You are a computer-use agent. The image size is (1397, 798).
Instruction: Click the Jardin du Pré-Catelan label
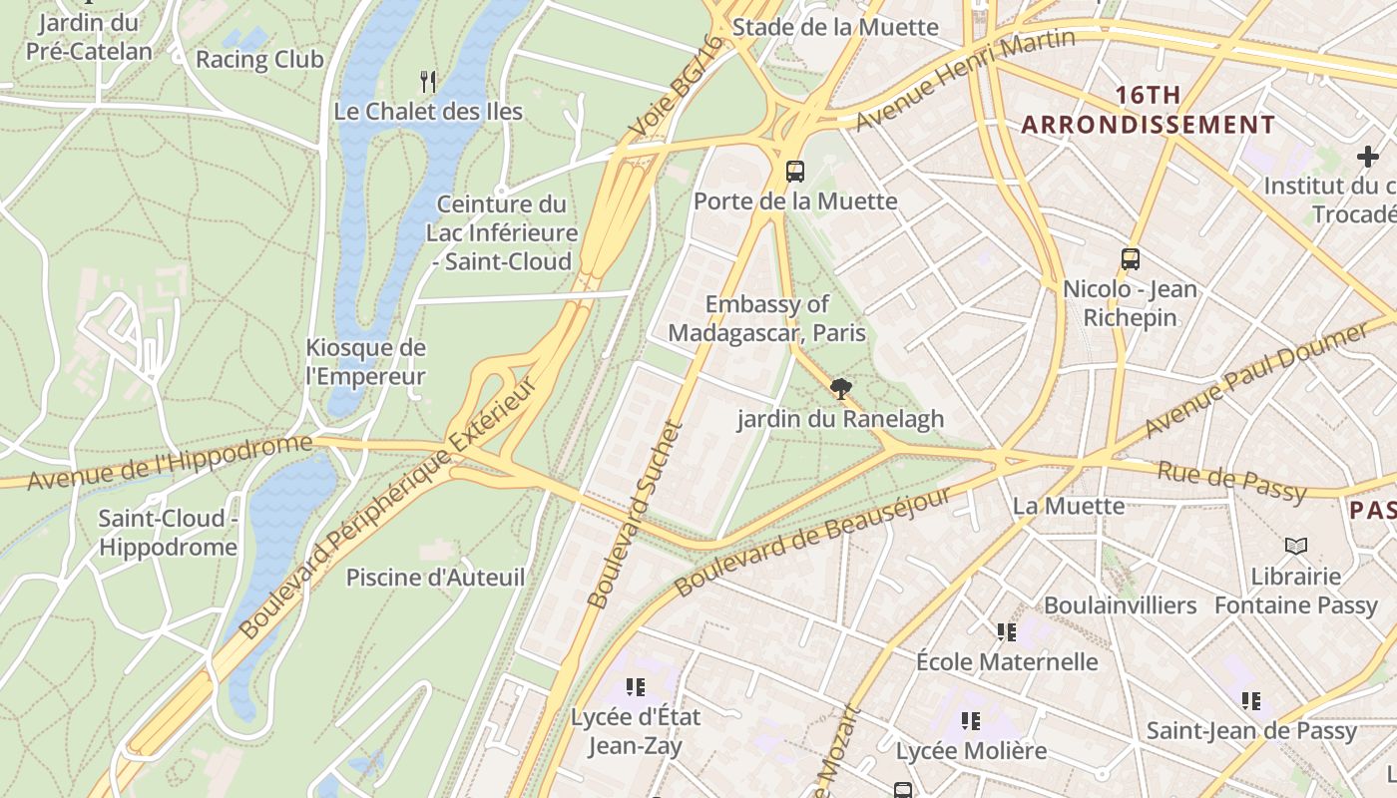89,36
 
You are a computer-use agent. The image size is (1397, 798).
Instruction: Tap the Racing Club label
259,60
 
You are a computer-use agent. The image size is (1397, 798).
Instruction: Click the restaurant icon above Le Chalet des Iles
428,81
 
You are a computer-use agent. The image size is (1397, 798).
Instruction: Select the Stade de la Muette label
835,27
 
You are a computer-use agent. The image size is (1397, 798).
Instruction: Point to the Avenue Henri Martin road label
965,79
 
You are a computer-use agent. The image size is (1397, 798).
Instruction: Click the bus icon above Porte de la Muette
795,171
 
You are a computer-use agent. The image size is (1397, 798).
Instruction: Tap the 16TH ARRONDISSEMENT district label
1148,110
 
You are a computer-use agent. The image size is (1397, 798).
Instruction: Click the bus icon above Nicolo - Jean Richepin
1131,259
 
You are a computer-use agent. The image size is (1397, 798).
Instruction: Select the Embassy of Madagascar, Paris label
766,318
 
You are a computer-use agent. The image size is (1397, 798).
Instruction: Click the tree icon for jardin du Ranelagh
841,389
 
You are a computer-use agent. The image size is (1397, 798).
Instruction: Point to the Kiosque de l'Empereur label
365,362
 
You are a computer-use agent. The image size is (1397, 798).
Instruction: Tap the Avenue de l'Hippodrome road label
170,463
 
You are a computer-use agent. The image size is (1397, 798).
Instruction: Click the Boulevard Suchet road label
636,514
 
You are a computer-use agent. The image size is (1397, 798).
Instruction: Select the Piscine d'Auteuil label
435,578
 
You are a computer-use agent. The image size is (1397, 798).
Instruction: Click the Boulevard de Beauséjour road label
813,542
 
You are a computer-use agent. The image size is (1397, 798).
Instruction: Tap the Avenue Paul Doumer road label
1257,379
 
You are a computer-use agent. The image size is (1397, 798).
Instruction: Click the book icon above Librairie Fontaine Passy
1295,546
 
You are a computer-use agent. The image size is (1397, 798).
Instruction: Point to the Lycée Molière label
971,750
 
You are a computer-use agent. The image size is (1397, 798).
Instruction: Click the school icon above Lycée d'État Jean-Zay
636,686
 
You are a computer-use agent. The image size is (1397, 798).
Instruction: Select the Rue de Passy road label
1231,482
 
